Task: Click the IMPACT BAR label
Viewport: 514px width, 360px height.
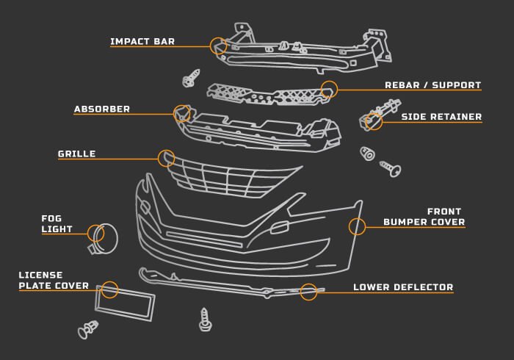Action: (142, 42)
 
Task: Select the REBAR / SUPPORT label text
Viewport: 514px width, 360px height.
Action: (432, 85)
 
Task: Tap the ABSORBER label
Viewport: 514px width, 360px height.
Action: (102, 109)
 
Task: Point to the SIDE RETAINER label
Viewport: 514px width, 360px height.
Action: (441, 117)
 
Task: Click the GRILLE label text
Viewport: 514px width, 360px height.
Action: (77, 154)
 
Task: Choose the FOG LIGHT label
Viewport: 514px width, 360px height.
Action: (57, 224)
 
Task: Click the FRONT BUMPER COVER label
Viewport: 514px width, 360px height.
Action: (424, 217)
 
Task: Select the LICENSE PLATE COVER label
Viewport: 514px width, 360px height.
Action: (54, 281)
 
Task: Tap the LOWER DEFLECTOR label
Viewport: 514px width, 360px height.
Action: (403, 287)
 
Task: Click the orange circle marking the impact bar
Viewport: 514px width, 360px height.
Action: (218, 46)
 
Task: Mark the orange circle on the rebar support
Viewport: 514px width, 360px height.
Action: (329, 89)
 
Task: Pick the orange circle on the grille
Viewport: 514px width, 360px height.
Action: (167, 157)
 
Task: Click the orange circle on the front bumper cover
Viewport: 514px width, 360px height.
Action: (357, 226)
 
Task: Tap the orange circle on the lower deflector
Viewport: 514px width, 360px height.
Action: (308, 291)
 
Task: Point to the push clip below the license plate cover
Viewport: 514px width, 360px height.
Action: (88, 330)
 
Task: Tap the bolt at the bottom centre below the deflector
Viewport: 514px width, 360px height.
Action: (206, 319)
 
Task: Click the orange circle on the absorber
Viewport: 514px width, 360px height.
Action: (181, 113)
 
